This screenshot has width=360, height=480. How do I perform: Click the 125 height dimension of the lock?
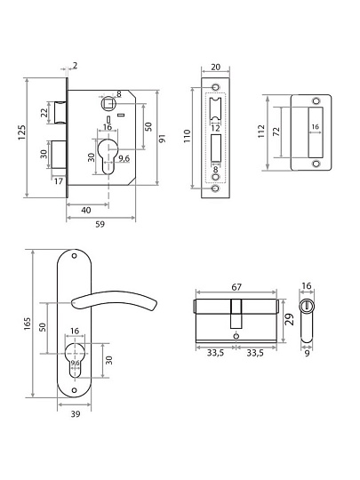coord(22,132)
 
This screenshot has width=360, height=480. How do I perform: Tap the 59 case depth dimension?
coord(100,224)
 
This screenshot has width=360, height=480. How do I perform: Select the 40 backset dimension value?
coord(86,211)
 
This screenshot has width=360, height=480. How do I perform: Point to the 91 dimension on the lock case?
coord(163,138)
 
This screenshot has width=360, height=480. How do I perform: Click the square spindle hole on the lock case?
coord(108,103)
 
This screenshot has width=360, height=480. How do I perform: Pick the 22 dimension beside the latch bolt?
coord(44,113)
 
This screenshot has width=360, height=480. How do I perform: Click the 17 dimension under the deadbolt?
coord(59,181)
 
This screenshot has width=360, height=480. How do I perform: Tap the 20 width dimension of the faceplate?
coord(216,67)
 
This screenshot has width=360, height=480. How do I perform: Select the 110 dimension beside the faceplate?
coord(187,136)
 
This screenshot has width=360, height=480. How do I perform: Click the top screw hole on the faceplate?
coord(216,87)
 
